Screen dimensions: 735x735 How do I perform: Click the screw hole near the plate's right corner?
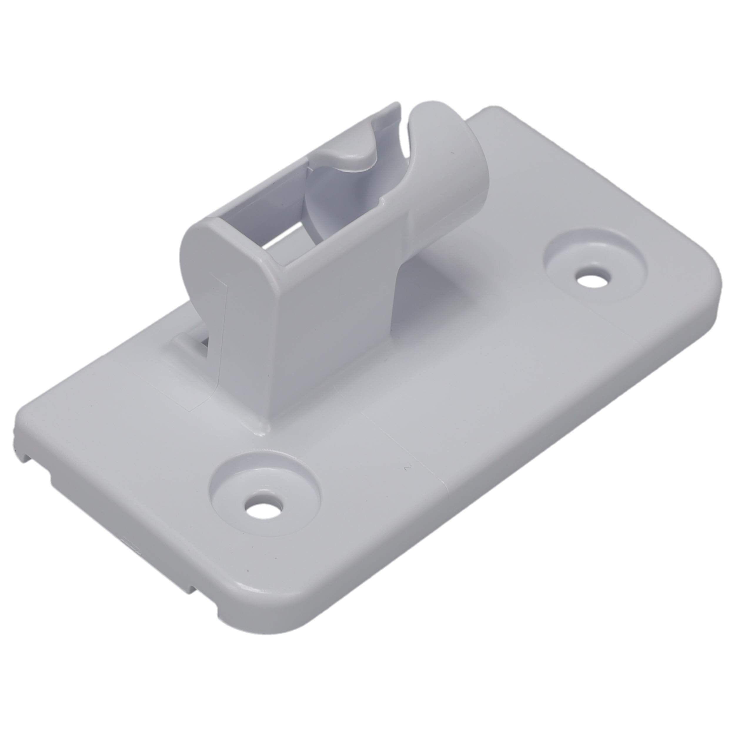592,280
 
